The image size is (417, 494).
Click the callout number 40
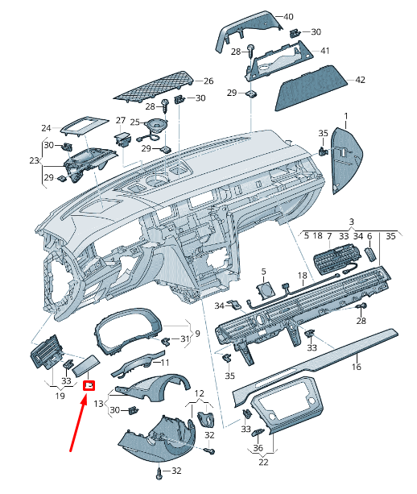coord(288,17)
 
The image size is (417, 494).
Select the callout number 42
coord(360,80)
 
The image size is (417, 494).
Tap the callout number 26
coord(208,81)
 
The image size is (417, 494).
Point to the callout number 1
coord(346,116)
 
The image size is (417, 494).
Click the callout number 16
coord(357,367)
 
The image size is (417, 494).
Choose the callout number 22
coord(263,462)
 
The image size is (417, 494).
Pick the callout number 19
coord(60,396)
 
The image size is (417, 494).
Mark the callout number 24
coord(46,128)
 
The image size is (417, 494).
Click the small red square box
coord(89,386)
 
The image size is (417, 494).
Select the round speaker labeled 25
coord(155,125)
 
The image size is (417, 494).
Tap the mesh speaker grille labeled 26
coord(154,87)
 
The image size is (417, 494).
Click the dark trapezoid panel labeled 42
coord(312,88)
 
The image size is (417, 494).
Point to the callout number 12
coord(199,393)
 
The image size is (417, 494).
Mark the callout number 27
coord(121,120)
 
